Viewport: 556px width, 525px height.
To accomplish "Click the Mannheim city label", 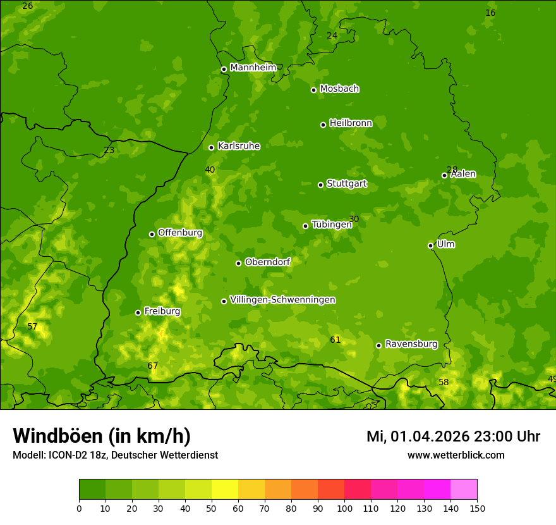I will point(253,68).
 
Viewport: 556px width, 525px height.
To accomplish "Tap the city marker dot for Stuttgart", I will point(320,185).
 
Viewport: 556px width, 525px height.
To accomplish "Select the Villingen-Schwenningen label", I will point(282,300).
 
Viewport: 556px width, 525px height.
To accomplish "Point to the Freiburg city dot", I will point(138,312).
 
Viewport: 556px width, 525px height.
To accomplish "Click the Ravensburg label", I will point(411,344).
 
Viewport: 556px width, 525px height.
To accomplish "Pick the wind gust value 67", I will point(152,366).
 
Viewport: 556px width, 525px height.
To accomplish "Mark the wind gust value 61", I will point(335,340).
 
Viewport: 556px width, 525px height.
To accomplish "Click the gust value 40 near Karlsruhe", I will point(210,170).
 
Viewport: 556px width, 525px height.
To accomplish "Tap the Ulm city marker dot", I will point(430,245).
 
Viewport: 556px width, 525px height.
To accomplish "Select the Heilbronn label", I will point(351,123).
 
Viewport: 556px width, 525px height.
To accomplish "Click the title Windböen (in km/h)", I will point(102,436).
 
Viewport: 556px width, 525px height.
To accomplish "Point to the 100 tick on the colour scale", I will point(344,508).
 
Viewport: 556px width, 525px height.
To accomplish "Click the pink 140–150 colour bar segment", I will point(464,490).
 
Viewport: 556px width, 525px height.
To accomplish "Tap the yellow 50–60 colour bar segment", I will point(225,490).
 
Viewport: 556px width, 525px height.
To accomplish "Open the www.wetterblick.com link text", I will point(456,455).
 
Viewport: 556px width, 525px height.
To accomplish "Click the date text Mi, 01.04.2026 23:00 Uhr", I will point(453,436).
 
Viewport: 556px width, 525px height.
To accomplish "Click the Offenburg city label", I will point(180,233).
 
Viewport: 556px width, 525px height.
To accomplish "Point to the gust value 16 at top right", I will point(490,13).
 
